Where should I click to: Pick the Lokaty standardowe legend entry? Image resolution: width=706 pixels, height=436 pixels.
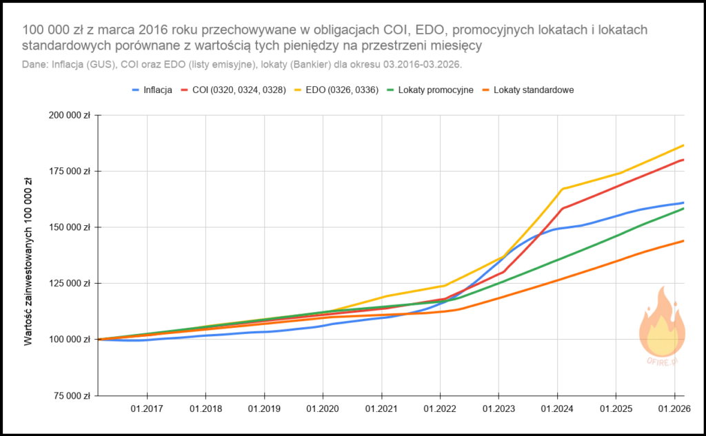[532, 90]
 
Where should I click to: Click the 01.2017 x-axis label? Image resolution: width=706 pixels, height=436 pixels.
[147, 408]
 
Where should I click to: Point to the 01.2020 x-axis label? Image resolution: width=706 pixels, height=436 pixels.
[323, 408]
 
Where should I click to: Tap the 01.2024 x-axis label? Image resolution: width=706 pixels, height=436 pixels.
[558, 408]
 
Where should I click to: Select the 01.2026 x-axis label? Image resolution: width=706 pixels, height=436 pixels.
[674, 408]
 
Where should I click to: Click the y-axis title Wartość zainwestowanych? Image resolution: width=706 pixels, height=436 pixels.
[29, 260]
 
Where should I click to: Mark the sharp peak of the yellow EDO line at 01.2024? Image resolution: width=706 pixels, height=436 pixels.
[563, 189]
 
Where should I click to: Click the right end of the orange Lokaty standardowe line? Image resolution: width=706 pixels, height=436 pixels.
[683, 240]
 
